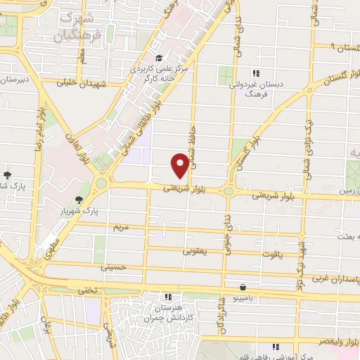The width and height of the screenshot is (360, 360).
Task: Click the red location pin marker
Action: coord(180,165)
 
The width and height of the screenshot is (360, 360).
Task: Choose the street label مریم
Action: coord(121,227)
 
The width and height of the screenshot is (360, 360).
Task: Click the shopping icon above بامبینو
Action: coord(243,287)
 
